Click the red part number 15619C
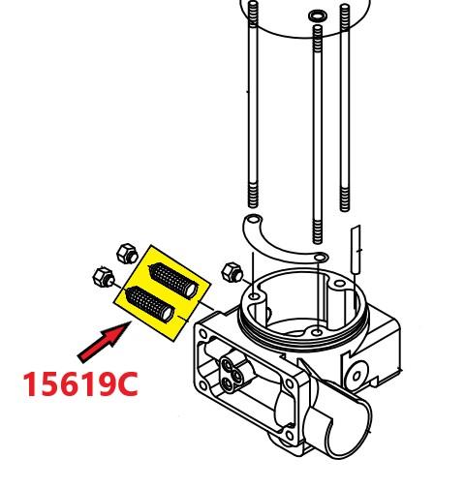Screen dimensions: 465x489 (x=80, y=383)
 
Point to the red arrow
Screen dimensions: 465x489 (x=104, y=342)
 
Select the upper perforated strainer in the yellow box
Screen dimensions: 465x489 (x=172, y=281)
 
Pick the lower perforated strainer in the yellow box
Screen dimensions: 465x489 (x=150, y=304)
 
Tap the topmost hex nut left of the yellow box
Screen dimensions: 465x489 (x=127, y=254)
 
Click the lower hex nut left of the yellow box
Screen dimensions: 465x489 (x=104, y=277)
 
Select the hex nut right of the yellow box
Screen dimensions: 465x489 (x=232, y=272)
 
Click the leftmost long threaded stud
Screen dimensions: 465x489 (x=253, y=104)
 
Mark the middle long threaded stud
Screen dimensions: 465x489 (x=318, y=134)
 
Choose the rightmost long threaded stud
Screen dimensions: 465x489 (x=345, y=107)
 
